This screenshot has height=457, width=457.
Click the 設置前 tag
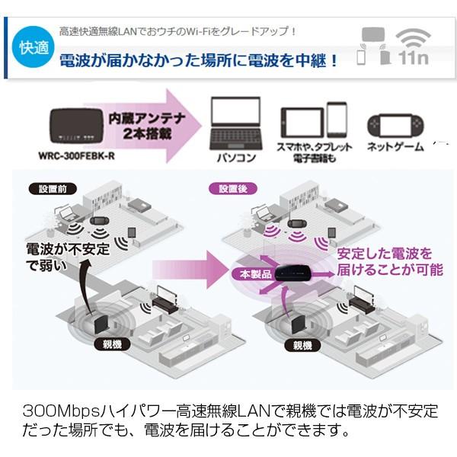[48, 187]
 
